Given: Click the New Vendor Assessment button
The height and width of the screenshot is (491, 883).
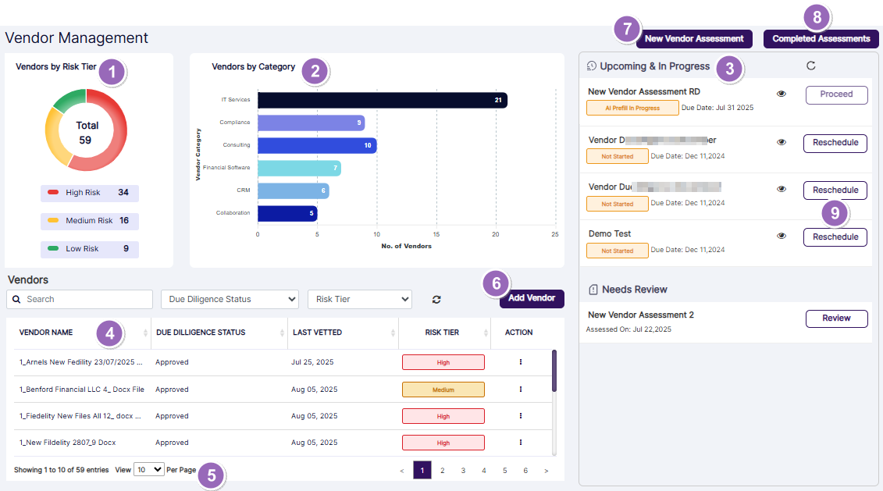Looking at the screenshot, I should click(694, 39).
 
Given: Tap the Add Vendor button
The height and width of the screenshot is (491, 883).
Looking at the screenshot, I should click(532, 298).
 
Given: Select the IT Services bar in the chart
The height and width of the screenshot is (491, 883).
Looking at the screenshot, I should click(383, 100).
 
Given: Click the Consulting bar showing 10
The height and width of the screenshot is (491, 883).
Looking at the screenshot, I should click(317, 145).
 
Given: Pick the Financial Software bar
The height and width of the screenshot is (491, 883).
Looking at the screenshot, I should click(299, 168).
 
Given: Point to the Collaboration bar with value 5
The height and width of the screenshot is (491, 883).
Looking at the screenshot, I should click(287, 213).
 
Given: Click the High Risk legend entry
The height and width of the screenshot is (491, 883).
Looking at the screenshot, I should click(89, 193).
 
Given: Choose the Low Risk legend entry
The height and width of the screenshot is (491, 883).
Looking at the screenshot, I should click(89, 249).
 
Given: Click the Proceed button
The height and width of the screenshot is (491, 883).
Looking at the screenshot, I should click(836, 94).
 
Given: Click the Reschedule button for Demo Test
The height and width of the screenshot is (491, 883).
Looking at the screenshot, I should click(835, 237).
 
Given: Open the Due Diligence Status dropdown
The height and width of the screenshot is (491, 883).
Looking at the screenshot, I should click(230, 299).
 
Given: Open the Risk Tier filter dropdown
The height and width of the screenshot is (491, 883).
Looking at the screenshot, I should click(359, 299).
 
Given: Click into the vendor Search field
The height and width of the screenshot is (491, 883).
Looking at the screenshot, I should click(80, 299).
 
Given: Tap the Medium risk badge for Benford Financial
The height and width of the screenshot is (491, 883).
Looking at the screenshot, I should click(443, 390).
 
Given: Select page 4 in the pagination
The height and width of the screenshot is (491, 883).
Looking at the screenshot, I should click(484, 471).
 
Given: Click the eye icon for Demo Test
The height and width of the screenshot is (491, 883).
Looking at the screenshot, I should click(782, 236).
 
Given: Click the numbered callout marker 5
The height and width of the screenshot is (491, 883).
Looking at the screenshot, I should click(210, 475).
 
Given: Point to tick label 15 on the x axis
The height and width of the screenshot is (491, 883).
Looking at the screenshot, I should click(436, 233).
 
